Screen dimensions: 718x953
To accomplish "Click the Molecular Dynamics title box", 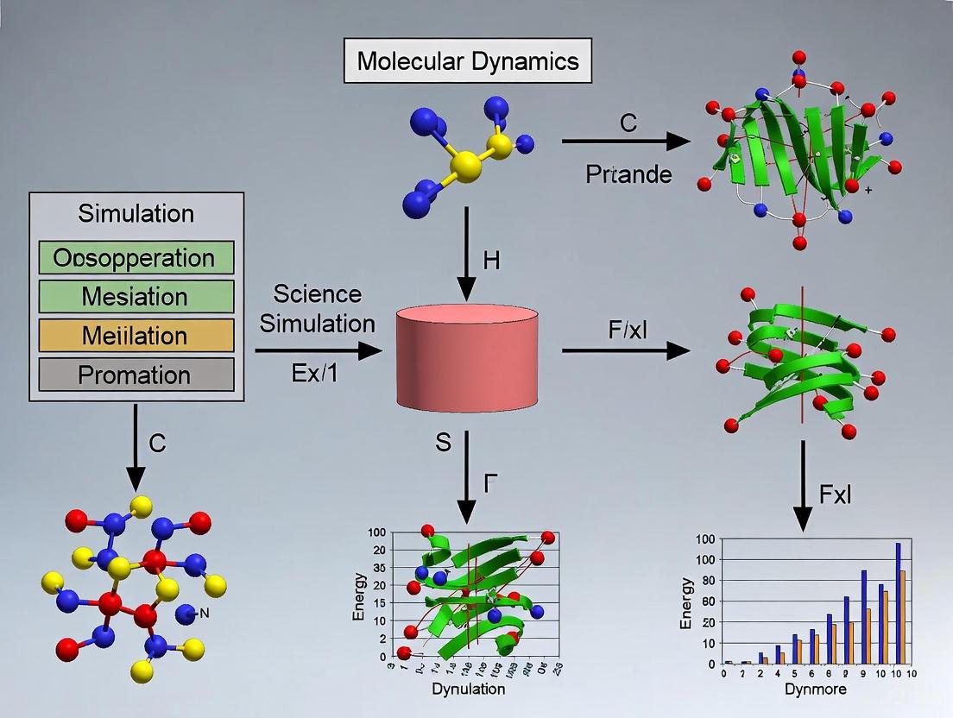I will [x=469, y=61].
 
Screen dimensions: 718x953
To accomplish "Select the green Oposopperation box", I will [x=136, y=258].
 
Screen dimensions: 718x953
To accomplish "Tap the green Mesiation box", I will [x=136, y=297].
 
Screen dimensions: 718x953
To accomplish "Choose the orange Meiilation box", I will [x=136, y=336].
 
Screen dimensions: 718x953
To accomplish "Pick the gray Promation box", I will [x=136, y=375].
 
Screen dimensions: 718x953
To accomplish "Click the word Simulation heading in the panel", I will [x=136, y=213].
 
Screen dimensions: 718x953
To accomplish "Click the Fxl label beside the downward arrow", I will [x=834, y=494].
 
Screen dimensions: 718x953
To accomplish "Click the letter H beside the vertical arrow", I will [x=491, y=261].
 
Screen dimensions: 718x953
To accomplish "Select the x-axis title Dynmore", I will [x=815, y=690].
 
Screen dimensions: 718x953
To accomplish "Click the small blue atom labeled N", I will [x=184, y=614].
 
